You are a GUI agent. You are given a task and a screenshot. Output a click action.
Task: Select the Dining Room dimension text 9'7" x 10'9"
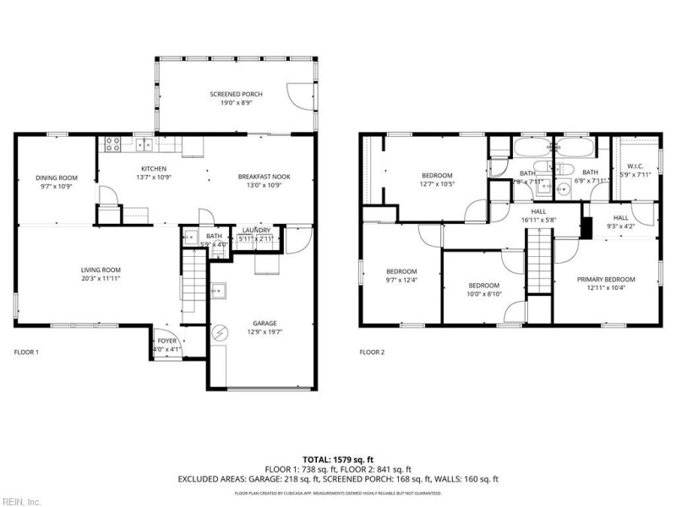click(x=57, y=187)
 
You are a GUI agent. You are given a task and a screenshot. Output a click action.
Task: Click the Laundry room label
click(x=256, y=231)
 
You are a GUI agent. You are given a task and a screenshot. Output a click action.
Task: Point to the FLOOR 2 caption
click(x=372, y=352)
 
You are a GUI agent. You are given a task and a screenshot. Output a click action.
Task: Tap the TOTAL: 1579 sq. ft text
click(x=338, y=460)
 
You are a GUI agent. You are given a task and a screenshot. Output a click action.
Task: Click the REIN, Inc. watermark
click(x=20, y=501)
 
